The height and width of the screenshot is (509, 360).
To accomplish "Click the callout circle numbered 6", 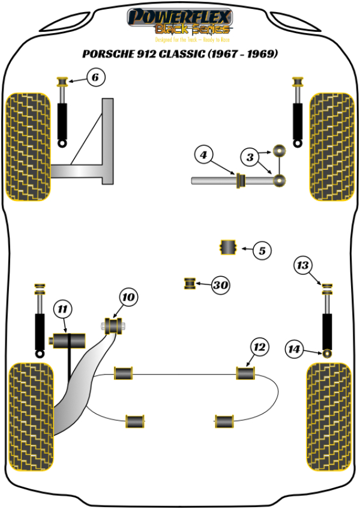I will click(96, 77).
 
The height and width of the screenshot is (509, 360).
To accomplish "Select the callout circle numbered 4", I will click(203, 156).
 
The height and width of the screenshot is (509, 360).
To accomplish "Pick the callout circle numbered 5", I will click(262, 250).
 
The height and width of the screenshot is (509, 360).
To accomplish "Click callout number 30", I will click(221, 286).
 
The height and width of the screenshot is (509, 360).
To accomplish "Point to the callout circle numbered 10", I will click(128, 297).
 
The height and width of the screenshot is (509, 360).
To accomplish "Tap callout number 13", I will click(304, 264).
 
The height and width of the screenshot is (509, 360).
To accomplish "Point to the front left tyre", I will click(28, 147).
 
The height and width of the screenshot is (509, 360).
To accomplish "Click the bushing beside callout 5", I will click(228, 247).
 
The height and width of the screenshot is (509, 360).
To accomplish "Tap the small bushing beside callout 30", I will click(190, 283).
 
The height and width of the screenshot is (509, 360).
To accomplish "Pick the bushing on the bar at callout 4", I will click(241, 179).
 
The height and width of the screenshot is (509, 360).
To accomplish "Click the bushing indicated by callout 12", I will click(245, 373).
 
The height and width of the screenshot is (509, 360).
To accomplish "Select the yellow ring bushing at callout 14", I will click(328, 352).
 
